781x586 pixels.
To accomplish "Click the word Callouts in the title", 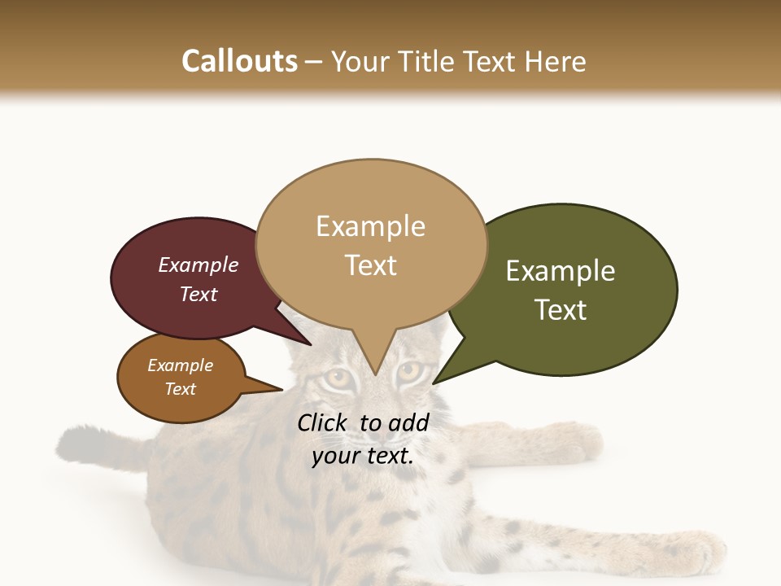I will coord(239,61).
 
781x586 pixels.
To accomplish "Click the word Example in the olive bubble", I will coord(561,271).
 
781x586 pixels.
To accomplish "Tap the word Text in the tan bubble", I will coord(371,265).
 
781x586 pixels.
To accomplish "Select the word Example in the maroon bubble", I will coord(199,265).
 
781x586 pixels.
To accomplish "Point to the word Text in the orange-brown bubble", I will coord(181,389).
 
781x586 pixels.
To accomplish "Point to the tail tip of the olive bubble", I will coord(434,383).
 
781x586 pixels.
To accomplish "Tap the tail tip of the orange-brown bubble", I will coord(281,389).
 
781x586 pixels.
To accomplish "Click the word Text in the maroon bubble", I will coord(199,294).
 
